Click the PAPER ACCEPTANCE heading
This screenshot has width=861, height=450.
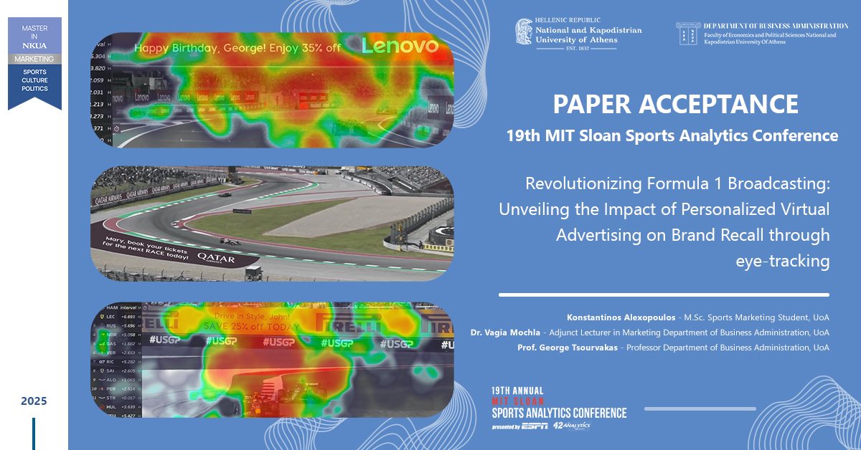[675, 104]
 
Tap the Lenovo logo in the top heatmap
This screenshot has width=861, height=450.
[400, 47]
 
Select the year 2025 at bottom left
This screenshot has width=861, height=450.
[34, 401]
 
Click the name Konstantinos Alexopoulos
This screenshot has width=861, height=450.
[617, 317]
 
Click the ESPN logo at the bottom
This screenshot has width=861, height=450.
[535, 426]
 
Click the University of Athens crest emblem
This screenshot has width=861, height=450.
[524, 32]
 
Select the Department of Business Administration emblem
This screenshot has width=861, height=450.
[687, 32]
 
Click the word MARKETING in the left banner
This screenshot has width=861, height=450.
[34, 58]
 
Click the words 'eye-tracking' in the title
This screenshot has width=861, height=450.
[782, 262]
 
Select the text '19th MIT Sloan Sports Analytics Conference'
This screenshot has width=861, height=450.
[675, 135]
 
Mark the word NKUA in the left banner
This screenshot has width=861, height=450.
[34, 45]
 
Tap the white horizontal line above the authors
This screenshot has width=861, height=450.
[664, 295]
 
